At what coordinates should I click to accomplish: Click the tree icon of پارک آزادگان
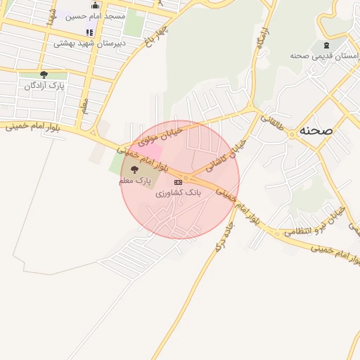[44, 75]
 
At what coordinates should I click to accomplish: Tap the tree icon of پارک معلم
[134, 169]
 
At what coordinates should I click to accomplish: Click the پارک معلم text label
[134, 181]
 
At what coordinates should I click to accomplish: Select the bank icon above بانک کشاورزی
[177, 181]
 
